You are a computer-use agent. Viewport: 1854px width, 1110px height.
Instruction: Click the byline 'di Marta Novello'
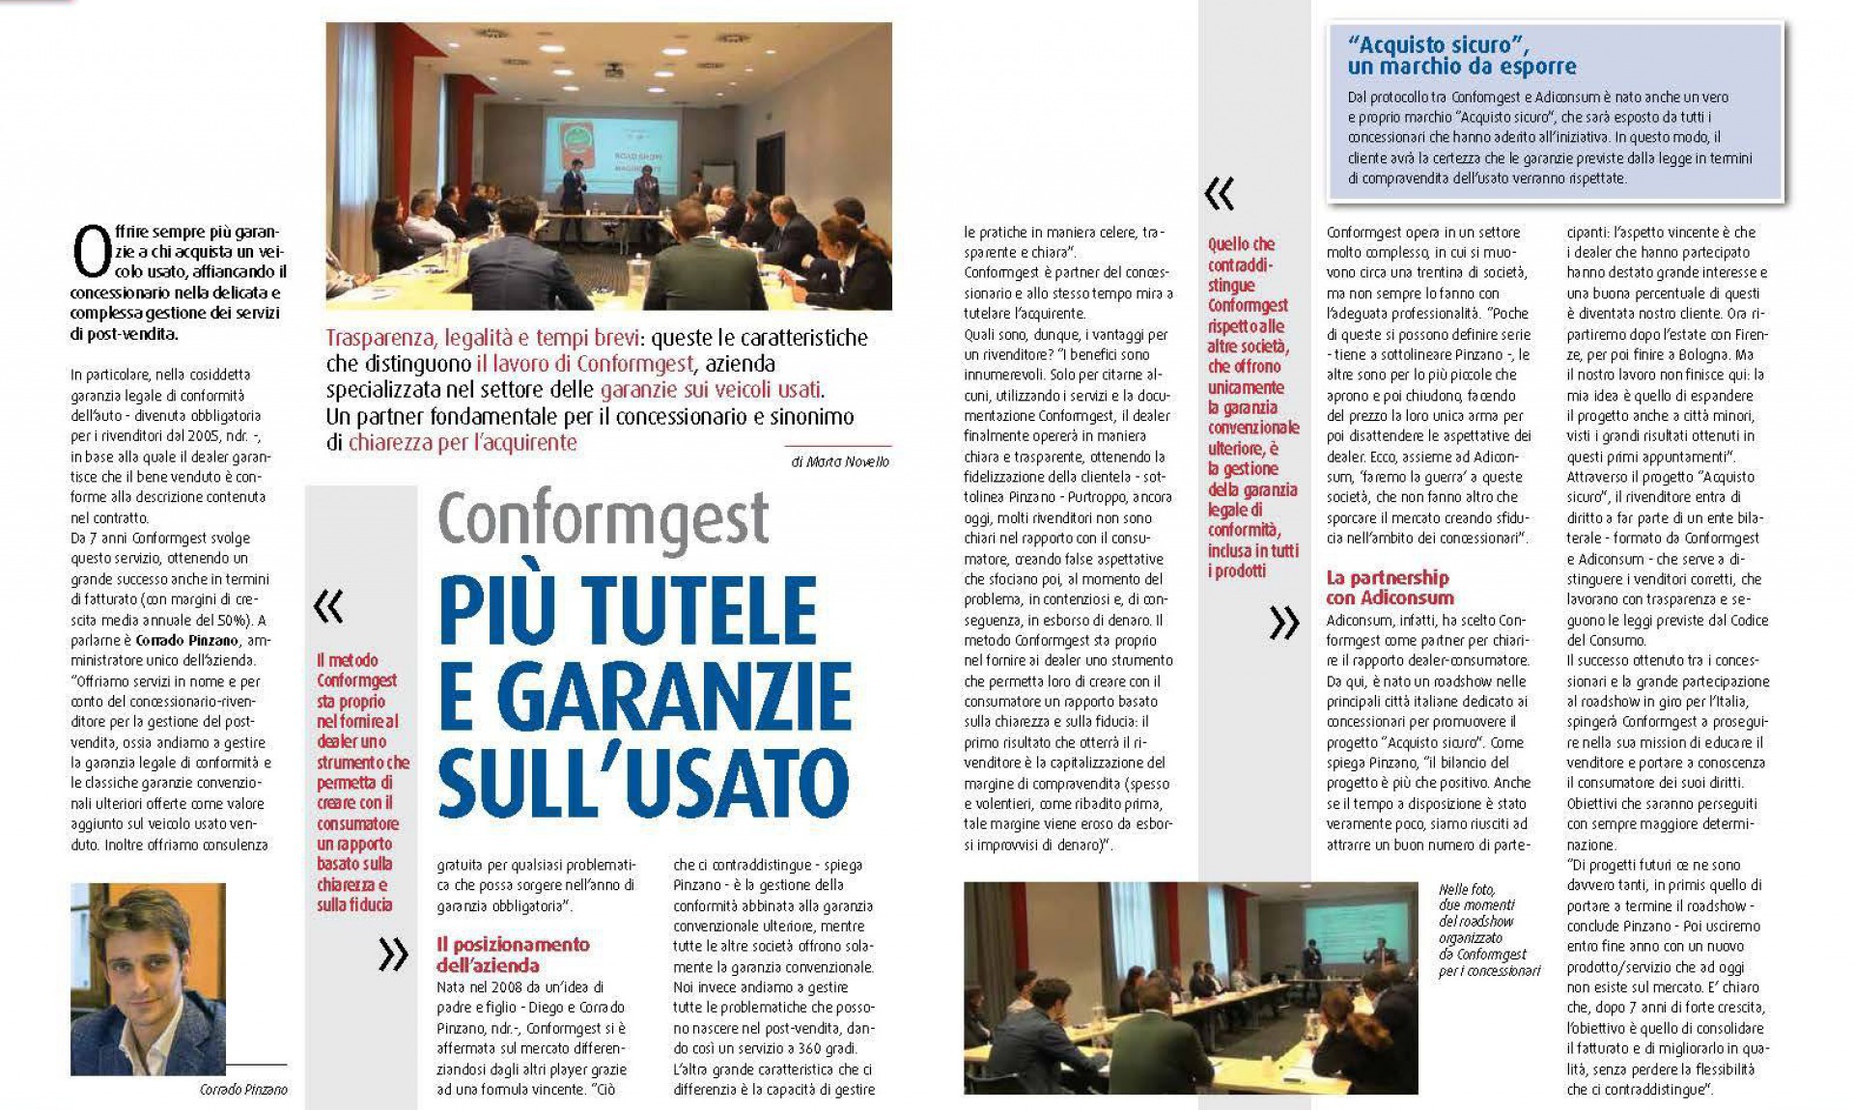tap(839, 462)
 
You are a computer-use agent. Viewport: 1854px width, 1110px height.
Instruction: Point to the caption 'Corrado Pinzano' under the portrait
tap(243, 1090)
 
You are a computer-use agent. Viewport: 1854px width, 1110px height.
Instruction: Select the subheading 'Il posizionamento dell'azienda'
tap(512, 955)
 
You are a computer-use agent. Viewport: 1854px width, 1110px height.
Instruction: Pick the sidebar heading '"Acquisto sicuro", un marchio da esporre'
tap(1462, 55)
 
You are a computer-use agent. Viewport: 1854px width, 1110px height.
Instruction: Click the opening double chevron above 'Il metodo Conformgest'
tap(328, 606)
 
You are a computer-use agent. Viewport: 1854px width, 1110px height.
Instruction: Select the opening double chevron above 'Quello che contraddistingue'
tap(1220, 195)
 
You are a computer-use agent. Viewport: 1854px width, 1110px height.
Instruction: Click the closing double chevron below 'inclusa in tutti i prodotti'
tap(1283, 624)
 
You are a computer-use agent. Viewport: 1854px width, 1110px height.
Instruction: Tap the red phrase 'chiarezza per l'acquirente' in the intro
tap(463, 443)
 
